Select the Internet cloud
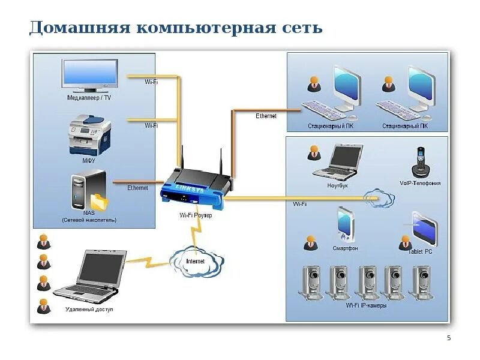(x=196, y=261)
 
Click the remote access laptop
(x=90, y=277)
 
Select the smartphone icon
(x=344, y=223)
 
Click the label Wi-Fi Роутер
(x=196, y=215)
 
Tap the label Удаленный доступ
(x=89, y=310)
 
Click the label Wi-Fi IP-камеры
(x=366, y=305)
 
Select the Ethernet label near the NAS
(x=137, y=188)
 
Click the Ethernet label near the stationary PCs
(x=266, y=116)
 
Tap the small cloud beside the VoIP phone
(x=379, y=197)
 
